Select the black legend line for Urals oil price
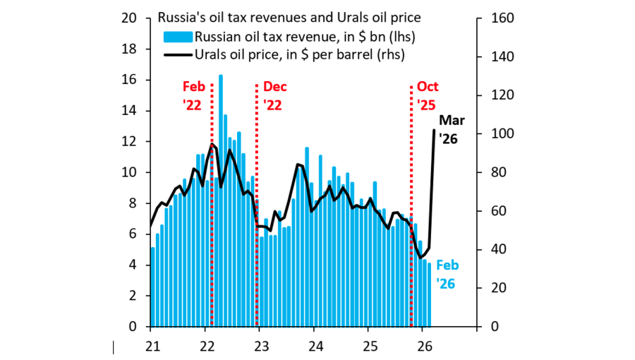coord(177,54)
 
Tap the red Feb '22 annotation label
coord(193,95)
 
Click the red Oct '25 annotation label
coord(428,95)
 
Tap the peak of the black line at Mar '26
coord(433,130)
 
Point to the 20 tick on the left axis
coord(129,18)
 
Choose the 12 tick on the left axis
coord(129,142)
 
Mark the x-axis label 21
coord(152,346)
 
